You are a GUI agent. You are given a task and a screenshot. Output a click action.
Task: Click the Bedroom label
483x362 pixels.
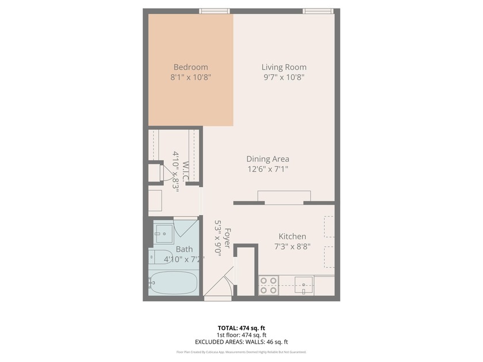(x=190, y=67)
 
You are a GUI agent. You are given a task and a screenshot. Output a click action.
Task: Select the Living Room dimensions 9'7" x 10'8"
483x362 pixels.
(x=284, y=77)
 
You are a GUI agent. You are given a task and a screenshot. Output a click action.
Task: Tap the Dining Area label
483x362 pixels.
(x=267, y=159)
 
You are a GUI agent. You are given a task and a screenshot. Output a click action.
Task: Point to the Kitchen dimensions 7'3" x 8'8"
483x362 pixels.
(x=292, y=247)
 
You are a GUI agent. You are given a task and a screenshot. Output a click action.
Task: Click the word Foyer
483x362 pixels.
(x=227, y=238)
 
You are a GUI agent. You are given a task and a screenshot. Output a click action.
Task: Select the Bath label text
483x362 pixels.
(x=184, y=249)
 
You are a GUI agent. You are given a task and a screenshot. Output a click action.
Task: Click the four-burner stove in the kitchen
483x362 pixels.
(x=269, y=286)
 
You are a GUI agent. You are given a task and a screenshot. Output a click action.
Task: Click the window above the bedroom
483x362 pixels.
(x=214, y=11)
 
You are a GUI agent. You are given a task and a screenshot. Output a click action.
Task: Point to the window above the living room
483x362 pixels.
(x=318, y=11)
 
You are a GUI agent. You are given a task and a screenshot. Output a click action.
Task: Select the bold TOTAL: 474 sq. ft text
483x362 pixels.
(x=241, y=328)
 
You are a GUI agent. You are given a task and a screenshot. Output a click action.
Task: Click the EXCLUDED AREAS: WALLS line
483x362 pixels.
(x=241, y=342)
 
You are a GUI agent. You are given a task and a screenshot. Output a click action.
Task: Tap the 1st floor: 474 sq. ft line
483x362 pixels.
(x=241, y=335)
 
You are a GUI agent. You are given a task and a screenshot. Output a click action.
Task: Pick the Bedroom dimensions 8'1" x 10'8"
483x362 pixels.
(x=190, y=77)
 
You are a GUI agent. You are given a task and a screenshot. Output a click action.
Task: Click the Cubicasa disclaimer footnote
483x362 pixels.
(x=241, y=352)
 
